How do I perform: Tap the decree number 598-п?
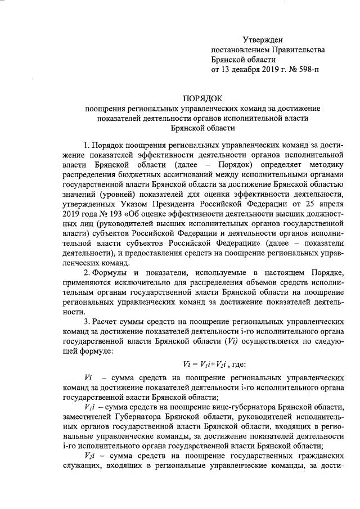pos(307,70)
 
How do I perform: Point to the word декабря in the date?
pos(246,70)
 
